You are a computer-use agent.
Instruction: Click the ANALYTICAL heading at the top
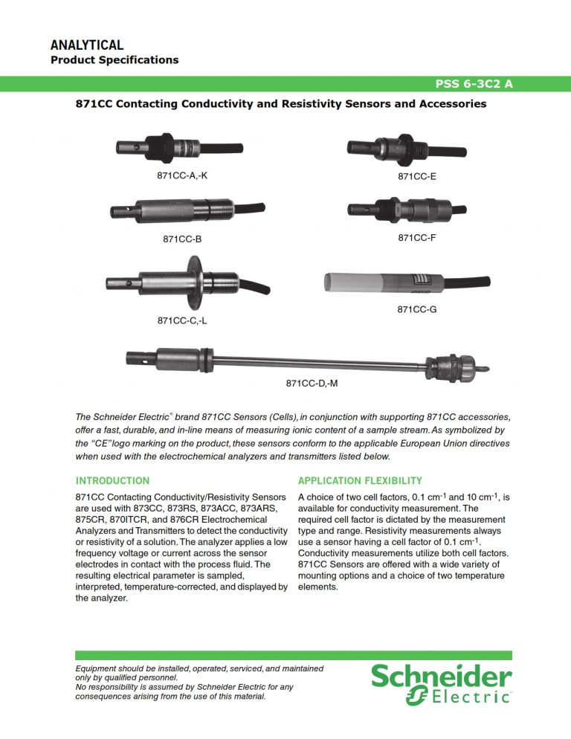[86, 46]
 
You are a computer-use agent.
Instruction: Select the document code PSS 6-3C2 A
[472, 84]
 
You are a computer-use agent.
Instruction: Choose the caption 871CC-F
[417, 238]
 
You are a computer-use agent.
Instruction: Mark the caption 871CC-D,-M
[312, 384]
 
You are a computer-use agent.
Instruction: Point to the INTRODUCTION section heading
[112, 481]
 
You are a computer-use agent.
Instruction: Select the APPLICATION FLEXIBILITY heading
[360, 481]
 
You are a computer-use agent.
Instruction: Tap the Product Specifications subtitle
[114, 60]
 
